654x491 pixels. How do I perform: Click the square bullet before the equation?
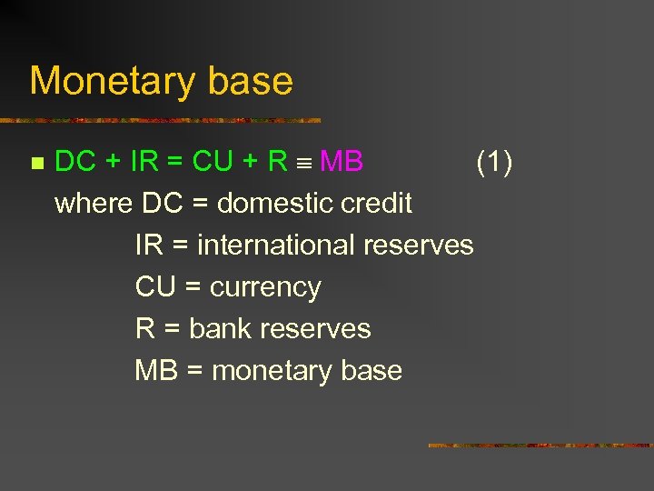coord(36,164)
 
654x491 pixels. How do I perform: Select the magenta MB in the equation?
coord(342,162)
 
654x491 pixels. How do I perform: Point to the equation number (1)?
coord(494,162)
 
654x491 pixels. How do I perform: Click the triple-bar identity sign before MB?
coord(305,164)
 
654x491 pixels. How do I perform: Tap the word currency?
coord(265,287)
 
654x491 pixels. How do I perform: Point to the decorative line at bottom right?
coord(540,446)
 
